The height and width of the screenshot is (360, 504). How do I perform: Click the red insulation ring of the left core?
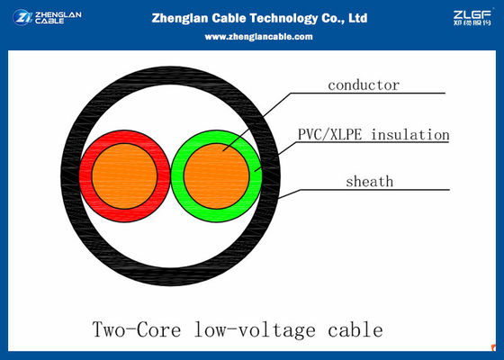pyautogui.click(x=86, y=171)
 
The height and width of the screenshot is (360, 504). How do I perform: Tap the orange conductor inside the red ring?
pyautogui.click(x=124, y=173)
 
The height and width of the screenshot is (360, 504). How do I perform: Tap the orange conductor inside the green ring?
pyautogui.click(x=216, y=173)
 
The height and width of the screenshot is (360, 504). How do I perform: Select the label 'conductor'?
pyautogui.click(x=363, y=85)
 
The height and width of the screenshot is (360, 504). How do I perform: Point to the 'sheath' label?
pyautogui.click(x=370, y=181)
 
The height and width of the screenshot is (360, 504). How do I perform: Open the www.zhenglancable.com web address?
pyautogui.click(x=258, y=36)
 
